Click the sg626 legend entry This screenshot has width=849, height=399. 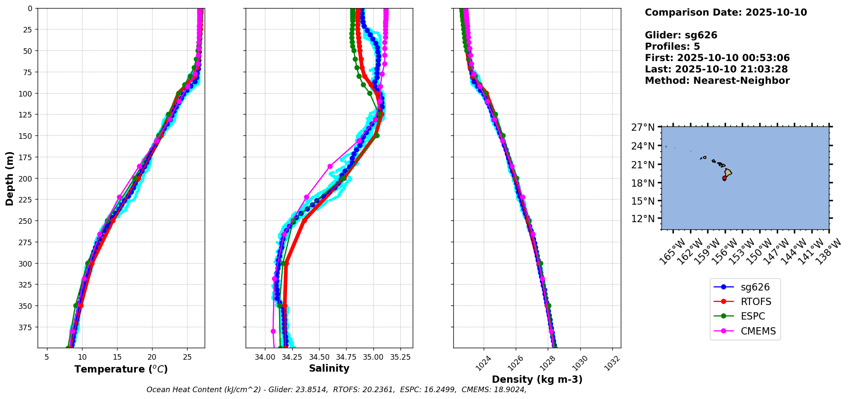pyautogui.click(x=755, y=287)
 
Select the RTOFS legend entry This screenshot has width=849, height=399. pyautogui.click(x=756, y=302)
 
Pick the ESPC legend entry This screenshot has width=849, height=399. pyautogui.click(x=752, y=316)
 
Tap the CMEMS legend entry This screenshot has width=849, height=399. pyautogui.click(x=758, y=331)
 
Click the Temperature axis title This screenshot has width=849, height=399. pyautogui.click(x=121, y=369)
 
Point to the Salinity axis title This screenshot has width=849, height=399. pyautogui.click(x=329, y=368)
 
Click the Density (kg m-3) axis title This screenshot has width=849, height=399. pyautogui.click(x=537, y=379)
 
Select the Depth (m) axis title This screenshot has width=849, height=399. pyautogui.click(x=9, y=178)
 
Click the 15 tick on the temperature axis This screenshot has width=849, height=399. pyautogui.click(x=118, y=357)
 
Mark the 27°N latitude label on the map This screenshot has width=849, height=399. pyautogui.click(x=643, y=127)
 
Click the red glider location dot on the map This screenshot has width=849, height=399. pyautogui.click(x=724, y=178)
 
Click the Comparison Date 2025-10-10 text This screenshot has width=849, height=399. pyautogui.click(x=726, y=12)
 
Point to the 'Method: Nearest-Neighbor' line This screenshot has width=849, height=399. pyautogui.click(x=717, y=81)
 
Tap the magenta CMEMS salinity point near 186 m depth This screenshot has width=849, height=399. pyautogui.click(x=330, y=166)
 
